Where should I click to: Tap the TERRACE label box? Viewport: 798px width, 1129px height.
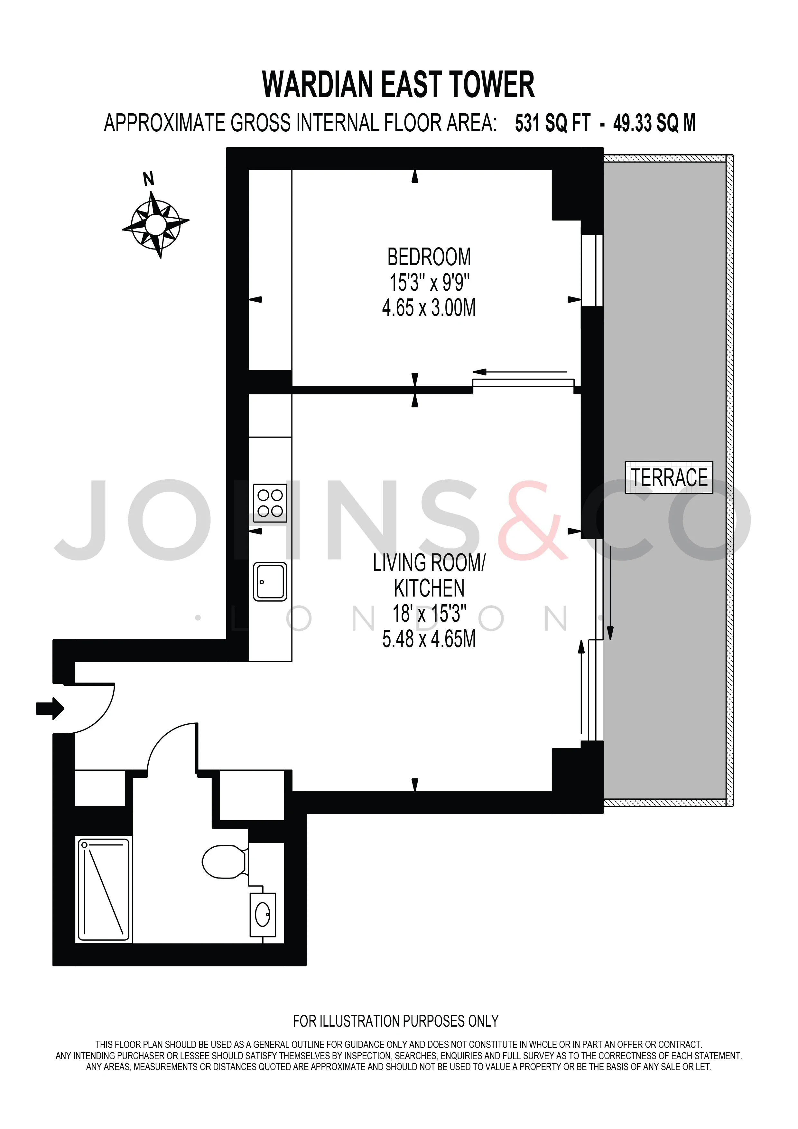point(669,477)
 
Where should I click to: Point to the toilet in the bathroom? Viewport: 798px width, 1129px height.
point(225,861)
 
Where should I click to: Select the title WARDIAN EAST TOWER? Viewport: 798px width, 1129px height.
point(398,85)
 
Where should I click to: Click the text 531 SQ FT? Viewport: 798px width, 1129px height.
point(552,123)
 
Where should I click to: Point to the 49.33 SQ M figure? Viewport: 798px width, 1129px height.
point(654,123)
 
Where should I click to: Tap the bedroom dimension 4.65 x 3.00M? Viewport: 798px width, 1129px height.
point(429,308)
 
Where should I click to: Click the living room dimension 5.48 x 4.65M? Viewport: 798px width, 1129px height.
point(429,639)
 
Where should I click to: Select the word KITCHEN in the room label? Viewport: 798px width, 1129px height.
point(429,588)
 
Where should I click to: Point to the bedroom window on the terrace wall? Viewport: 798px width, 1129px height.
point(592,270)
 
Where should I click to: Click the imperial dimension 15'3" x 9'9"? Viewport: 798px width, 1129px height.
point(429,282)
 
